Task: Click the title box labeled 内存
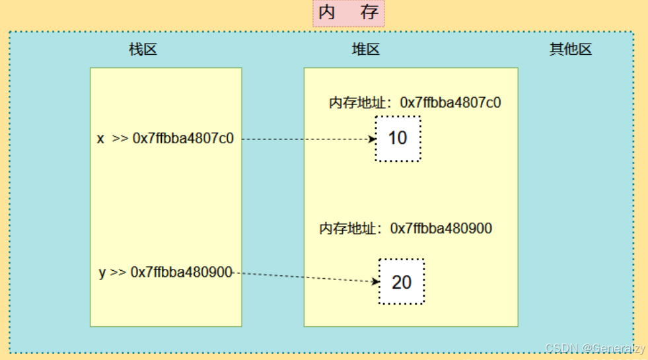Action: pyautogui.click(x=348, y=13)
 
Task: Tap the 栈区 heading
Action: pyautogui.click(x=143, y=50)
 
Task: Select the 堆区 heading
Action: pyautogui.click(x=365, y=50)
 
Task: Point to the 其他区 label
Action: pyautogui.click(x=571, y=50)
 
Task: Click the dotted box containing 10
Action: pyautogui.click(x=398, y=139)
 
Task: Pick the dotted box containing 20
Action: pyautogui.click(x=402, y=282)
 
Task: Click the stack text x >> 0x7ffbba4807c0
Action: pyautogui.click(x=165, y=139)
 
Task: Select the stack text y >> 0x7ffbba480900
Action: pyautogui.click(x=165, y=272)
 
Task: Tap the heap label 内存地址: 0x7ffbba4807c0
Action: pyautogui.click(x=415, y=102)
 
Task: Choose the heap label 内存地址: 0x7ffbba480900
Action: pyautogui.click(x=406, y=229)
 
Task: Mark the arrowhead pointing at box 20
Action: pyautogui.click(x=376, y=281)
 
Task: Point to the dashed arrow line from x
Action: pyautogui.click(x=304, y=139)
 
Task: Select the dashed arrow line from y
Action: pyautogui.click(x=304, y=277)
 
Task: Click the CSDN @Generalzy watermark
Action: pyautogui.click(x=594, y=348)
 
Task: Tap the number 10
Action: pyautogui.click(x=398, y=139)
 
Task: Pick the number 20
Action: pyautogui.click(x=402, y=283)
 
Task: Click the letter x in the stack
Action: pyautogui.click(x=101, y=139)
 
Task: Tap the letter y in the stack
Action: pyautogui.click(x=102, y=273)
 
